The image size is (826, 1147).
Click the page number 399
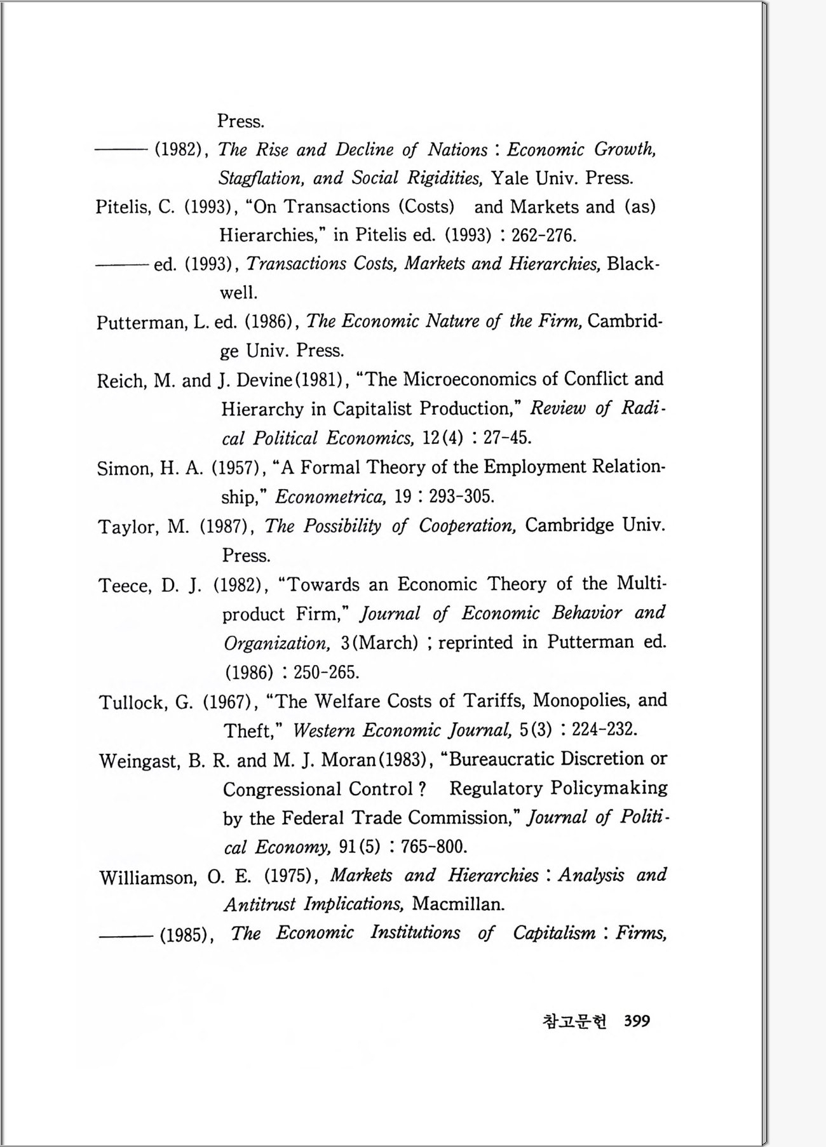tap(637, 1021)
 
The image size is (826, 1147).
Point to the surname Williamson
tap(147, 878)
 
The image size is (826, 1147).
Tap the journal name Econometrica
tap(330, 497)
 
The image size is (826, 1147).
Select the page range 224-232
tap(604, 730)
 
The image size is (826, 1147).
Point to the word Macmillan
tap(458, 904)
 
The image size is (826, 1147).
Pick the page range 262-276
tap(543, 236)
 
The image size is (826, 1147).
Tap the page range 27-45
tap(507, 438)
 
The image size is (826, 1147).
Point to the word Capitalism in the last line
tap(554, 933)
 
